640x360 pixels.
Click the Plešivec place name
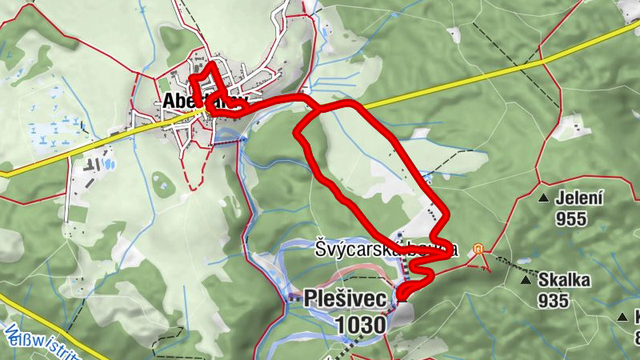345,298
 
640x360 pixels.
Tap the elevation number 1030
361,324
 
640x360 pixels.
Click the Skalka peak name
564,280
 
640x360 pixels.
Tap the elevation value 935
553,301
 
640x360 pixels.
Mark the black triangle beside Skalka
526,280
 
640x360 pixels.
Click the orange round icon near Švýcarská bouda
478,248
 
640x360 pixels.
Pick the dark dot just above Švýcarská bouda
400,234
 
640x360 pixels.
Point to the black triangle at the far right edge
622,317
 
